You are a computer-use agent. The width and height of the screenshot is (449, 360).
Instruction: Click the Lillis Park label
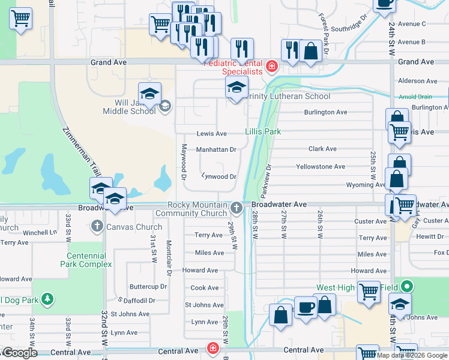pyautogui.click(x=263, y=131)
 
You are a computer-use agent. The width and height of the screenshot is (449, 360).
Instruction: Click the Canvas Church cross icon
pyautogui.click(x=97, y=227)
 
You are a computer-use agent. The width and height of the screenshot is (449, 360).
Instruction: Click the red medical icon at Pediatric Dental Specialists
pyautogui.click(x=271, y=66)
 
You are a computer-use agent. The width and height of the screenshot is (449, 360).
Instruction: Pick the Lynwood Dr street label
pyautogui.click(x=218, y=176)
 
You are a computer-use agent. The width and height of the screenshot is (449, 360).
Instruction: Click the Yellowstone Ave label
pyautogui.click(x=321, y=167)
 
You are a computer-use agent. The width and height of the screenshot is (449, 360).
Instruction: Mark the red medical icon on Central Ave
pyautogui.click(x=212, y=348)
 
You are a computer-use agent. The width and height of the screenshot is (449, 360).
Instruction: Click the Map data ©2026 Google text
pyautogui.click(x=411, y=355)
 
